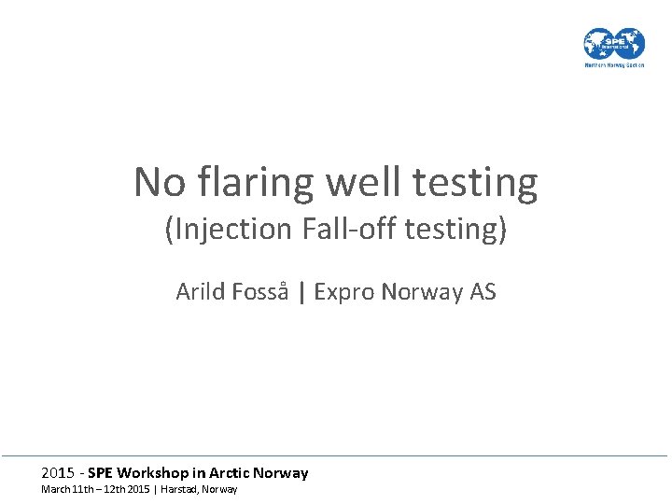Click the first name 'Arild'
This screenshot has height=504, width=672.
(x=200, y=292)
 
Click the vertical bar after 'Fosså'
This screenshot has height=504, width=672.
(x=301, y=293)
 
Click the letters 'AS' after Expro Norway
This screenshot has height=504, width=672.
(x=483, y=292)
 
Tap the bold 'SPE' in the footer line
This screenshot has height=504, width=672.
(x=103, y=473)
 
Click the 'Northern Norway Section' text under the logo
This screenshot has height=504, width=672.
(x=614, y=65)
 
